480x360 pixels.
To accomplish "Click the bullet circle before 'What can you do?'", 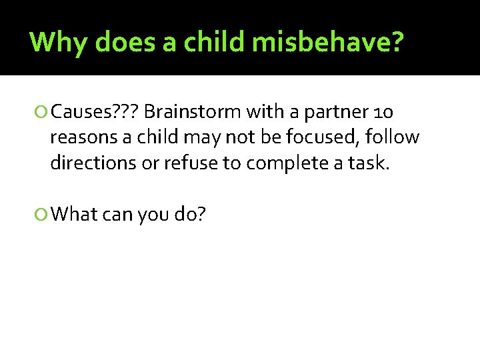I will pyautogui.click(x=43, y=214).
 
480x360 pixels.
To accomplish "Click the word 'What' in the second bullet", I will pyautogui.click(x=74, y=214).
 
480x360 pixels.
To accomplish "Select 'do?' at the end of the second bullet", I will pyautogui.click(x=191, y=214).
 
